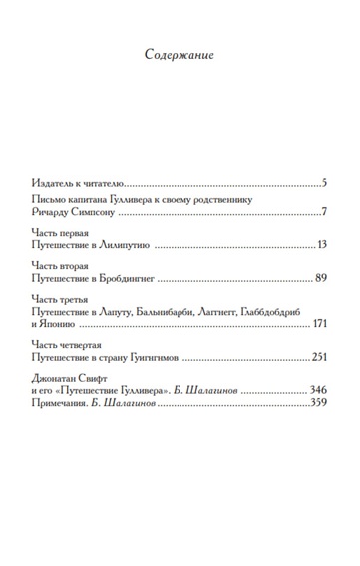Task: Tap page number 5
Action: pyautogui.click(x=324, y=183)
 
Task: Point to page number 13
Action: pyautogui.click(x=320, y=245)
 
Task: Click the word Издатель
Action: pyautogui.click(x=51, y=183)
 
